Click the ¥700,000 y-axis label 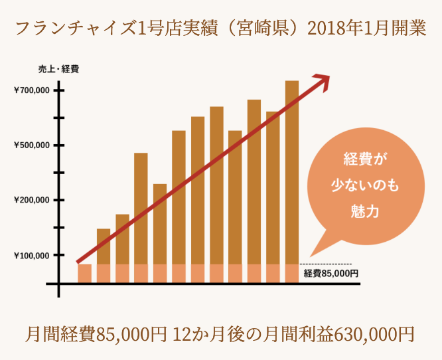coord(31,90)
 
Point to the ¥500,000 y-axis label coord(31,145)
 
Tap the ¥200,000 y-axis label coord(31,200)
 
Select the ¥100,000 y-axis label coord(31,255)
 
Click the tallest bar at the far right coord(292,173)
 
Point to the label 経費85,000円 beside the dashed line coord(331,273)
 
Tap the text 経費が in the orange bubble coord(364,159)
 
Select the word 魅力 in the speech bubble coord(364,211)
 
